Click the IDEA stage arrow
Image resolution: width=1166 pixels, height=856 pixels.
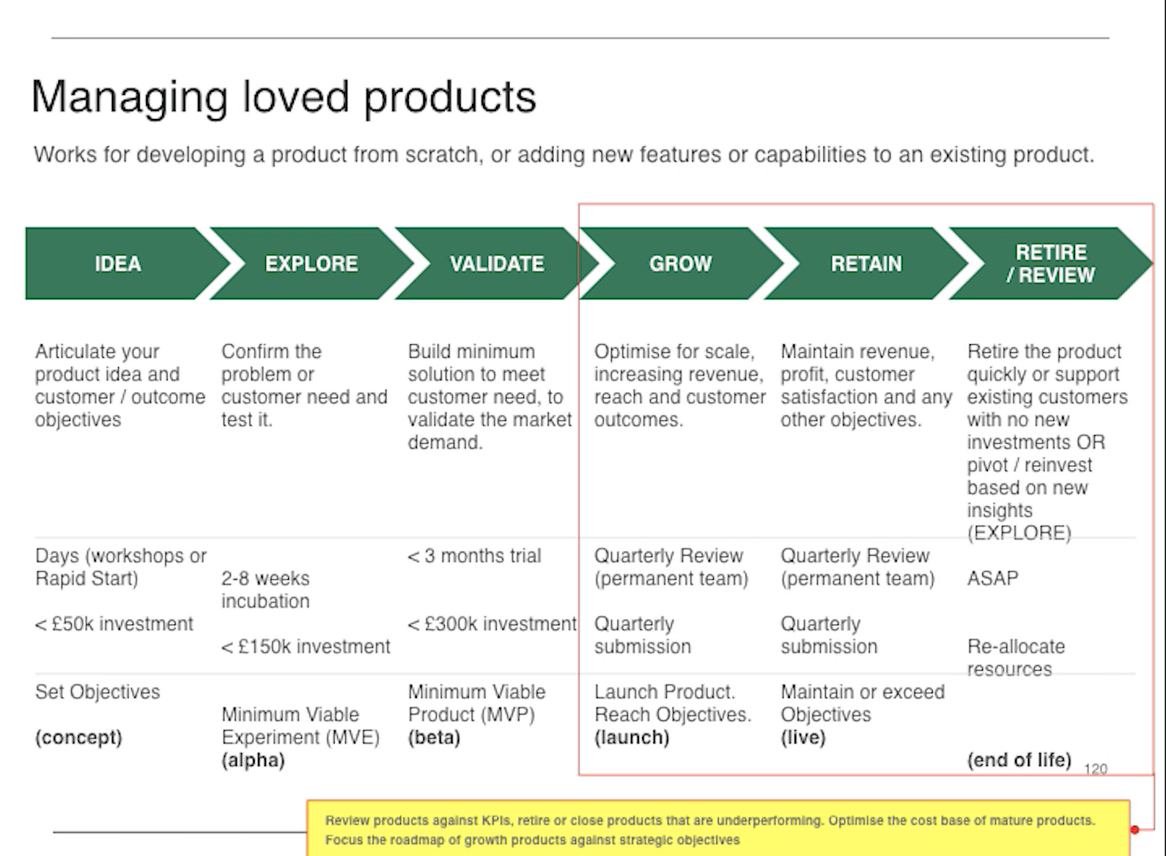coord(117,264)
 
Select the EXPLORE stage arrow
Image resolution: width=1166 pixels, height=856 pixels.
coord(311,264)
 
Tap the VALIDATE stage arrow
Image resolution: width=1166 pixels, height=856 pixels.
coord(496,264)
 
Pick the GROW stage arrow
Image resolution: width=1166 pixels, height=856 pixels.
coord(680,264)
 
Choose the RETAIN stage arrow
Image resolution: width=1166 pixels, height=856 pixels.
coord(866,264)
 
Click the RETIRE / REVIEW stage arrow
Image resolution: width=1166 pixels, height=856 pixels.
coord(1050,264)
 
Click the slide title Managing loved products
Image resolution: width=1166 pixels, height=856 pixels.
coord(284,97)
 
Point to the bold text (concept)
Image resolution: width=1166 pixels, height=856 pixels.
coord(78,737)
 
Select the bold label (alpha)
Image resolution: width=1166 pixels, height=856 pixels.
coord(253,759)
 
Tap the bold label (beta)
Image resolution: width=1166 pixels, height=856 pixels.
coord(434,737)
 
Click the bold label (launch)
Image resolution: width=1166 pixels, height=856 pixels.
coord(632,737)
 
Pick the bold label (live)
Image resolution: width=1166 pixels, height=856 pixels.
coord(803,737)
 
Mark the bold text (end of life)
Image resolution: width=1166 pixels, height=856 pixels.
coord(1019,759)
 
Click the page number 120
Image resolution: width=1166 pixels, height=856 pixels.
coord(1095,769)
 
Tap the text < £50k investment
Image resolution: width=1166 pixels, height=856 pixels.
coord(114,624)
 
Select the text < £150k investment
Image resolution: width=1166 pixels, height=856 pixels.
coord(306,646)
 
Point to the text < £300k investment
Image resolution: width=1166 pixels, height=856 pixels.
coord(492,624)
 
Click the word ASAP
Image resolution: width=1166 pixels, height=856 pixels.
coord(993,578)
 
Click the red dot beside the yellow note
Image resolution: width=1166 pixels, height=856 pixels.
coord(1135,830)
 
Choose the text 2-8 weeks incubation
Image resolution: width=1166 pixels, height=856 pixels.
coord(265,589)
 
